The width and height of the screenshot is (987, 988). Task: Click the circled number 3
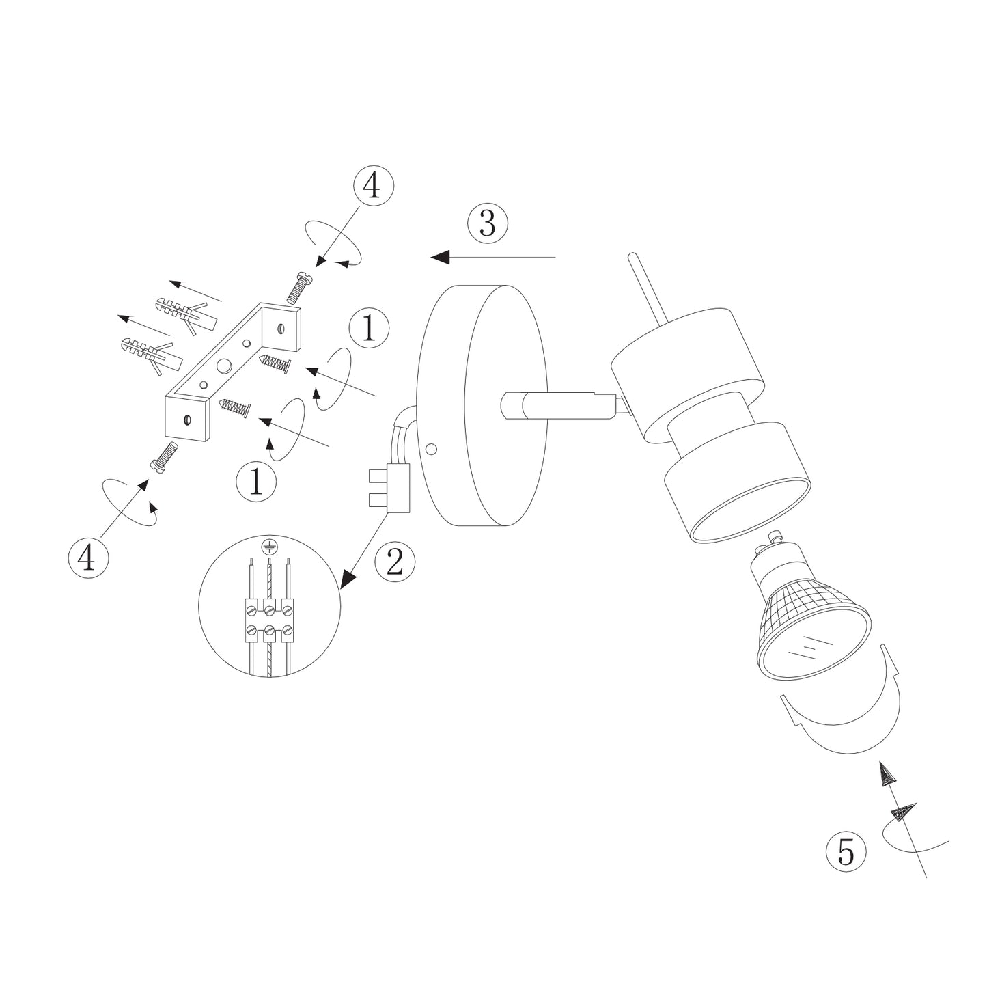(x=488, y=223)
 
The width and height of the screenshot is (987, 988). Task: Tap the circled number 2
(x=395, y=562)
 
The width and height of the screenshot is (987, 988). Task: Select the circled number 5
(x=846, y=851)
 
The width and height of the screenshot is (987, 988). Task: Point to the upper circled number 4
(x=373, y=185)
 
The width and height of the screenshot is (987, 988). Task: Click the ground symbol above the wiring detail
(x=270, y=546)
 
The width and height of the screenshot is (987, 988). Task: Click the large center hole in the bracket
(x=223, y=367)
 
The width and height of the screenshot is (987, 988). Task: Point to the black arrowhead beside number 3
(x=441, y=257)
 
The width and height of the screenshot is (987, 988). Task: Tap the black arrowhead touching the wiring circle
(x=349, y=579)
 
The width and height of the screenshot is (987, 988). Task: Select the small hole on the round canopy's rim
(x=430, y=450)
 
